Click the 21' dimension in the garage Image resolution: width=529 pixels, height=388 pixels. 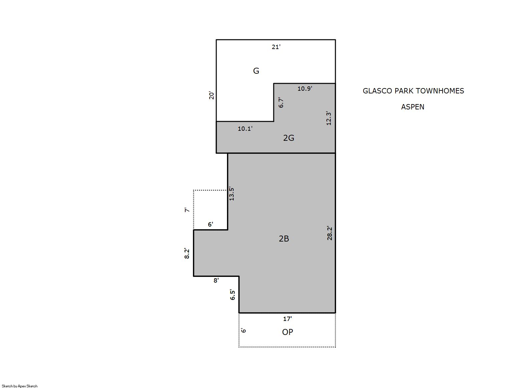(276, 47)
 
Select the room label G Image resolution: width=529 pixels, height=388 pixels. (256, 71)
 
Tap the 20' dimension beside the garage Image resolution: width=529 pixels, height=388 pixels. (211, 95)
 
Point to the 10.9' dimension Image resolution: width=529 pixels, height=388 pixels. (305, 88)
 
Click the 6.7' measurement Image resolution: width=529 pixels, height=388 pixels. (281, 102)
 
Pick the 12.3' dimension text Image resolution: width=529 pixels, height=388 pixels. (328, 118)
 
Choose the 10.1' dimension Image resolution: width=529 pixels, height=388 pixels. (245, 129)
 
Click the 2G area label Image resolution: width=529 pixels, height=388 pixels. (289, 138)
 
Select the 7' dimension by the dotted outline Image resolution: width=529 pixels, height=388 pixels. (187, 210)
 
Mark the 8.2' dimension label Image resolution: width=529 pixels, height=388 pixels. (187, 253)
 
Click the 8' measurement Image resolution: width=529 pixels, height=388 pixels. (216, 280)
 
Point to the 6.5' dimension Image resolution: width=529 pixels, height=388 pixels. (232, 295)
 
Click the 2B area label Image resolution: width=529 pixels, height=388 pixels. (284, 239)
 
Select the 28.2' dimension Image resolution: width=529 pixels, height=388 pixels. (329, 233)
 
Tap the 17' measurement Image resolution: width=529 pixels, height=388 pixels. (287, 319)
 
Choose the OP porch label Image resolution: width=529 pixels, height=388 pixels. (287, 332)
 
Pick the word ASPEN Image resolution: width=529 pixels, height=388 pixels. (413, 107)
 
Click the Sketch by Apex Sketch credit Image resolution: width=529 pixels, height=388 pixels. (20, 386)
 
